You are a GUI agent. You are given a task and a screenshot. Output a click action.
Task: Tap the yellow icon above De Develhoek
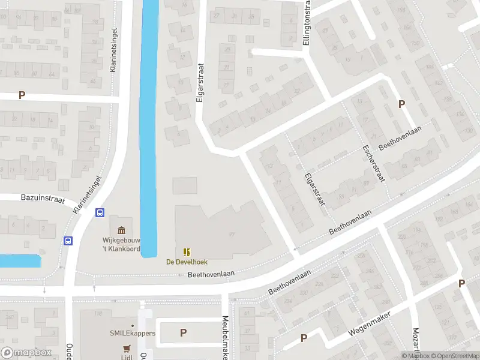(186, 252)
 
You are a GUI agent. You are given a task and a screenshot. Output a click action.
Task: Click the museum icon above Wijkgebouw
(122, 230)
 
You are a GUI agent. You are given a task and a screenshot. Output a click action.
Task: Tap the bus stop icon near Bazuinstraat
(100, 212)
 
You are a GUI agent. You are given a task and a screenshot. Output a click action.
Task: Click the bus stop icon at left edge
(68, 241)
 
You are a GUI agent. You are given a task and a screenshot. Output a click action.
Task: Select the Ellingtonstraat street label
(307, 24)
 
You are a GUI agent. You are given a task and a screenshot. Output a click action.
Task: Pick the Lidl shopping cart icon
(127, 348)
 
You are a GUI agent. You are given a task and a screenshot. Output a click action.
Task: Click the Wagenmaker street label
(368, 325)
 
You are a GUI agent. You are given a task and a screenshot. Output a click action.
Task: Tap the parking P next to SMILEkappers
(183, 332)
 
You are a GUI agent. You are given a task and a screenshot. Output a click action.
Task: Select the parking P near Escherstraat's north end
(401, 104)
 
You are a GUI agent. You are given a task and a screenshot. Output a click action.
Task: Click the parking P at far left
(22, 95)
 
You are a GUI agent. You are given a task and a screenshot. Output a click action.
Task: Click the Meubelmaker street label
(226, 337)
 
